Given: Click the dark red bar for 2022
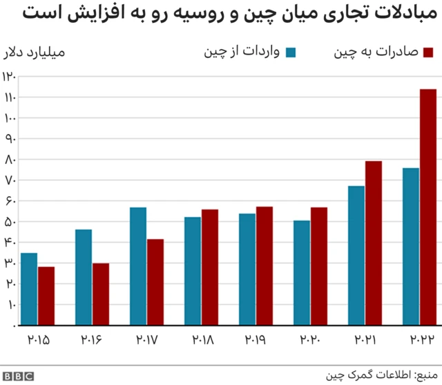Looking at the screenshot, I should click(428, 207).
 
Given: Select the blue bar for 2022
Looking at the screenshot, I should click(411, 246).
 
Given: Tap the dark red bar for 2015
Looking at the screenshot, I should click(46, 295).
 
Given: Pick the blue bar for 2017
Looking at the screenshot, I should click(138, 266).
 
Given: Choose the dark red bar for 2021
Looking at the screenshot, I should click(374, 243).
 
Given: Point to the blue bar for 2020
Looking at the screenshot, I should click(302, 272).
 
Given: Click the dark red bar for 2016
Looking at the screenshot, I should click(101, 294).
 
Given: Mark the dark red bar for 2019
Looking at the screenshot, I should click(265, 265).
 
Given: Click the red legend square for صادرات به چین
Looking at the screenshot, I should click(427, 53).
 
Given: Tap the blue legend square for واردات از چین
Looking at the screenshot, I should click(291, 53).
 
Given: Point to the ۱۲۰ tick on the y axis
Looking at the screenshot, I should click(9, 77).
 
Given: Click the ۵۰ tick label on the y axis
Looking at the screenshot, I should click(9, 221).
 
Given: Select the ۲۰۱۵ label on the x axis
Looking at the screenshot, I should click(38, 339).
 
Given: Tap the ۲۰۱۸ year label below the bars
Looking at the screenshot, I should click(201, 339).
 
